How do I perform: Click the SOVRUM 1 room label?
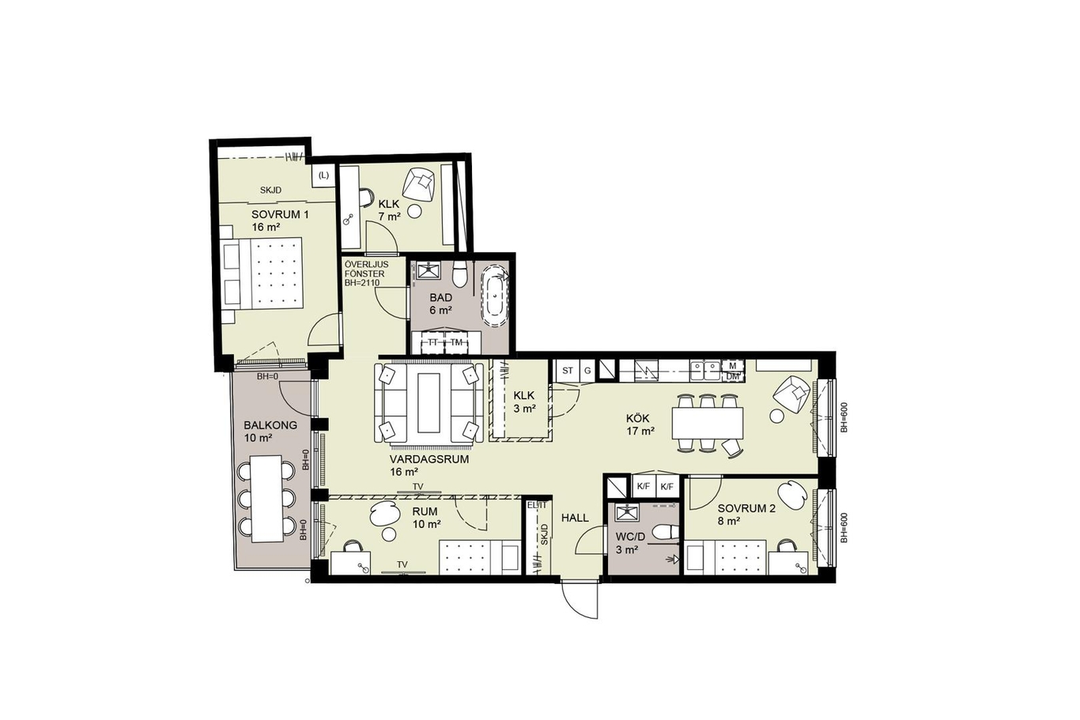pyautogui.click(x=280, y=214)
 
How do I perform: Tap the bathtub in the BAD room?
pyautogui.click(x=496, y=296)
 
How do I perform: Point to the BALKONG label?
pyautogui.click(x=270, y=425)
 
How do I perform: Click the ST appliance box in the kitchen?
pyautogui.click(x=568, y=371)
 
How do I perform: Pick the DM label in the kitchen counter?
pyautogui.click(x=732, y=377)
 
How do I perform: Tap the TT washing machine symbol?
pyautogui.click(x=432, y=342)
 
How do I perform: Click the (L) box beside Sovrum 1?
pyautogui.click(x=323, y=176)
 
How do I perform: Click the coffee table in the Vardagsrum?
pyautogui.click(x=429, y=403)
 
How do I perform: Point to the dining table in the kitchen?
pyautogui.click(x=708, y=423)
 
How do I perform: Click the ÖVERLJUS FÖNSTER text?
pyautogui.click(x=366, y=270)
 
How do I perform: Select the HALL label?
pyautogui.click(x=576, y=518)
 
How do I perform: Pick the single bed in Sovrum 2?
pyautogui.click(x=726, y=557)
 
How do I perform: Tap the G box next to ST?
pyautogui.click(x=587, y=371)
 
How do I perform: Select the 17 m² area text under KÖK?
pyautogui.click(x=640, y=432)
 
